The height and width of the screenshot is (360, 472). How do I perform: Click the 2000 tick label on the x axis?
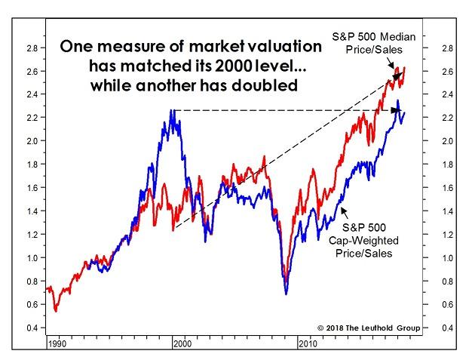coord(181,343)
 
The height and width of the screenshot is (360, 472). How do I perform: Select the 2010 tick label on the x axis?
coord(308,343)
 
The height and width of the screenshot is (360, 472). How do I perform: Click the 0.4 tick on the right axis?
coord(448,328)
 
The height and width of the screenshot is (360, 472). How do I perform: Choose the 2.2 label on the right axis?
coord(448,118)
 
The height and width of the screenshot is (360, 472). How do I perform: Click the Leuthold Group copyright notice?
coord(369,328)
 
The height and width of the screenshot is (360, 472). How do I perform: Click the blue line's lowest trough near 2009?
coord(286,293)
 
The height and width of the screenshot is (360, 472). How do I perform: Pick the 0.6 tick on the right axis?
coord(448,304)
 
